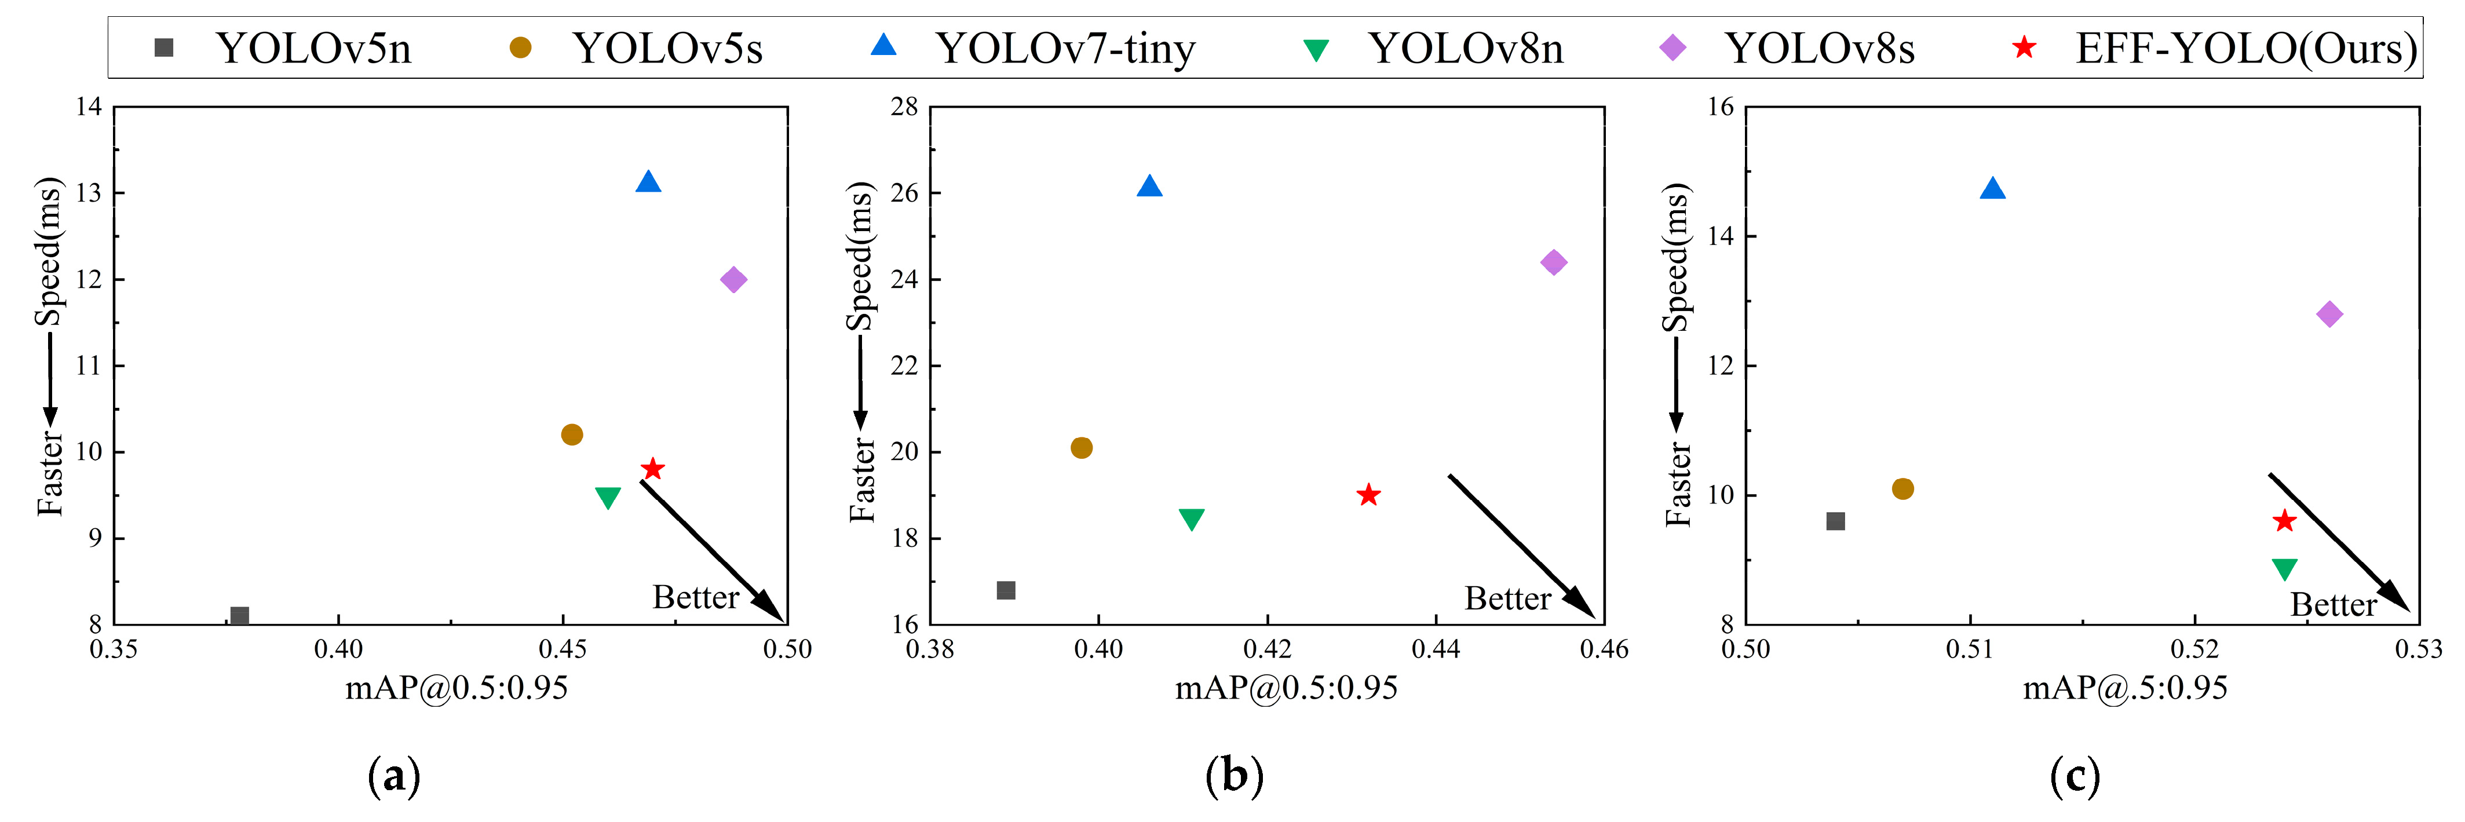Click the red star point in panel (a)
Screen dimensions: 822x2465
(x=653, y=469)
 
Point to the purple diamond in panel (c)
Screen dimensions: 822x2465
(x=2329, y=314)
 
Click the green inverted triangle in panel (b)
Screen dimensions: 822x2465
(x=1191, y=518)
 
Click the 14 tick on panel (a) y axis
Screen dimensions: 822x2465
(x=89, y=106)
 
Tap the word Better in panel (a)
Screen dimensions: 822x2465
(x=696, y=597)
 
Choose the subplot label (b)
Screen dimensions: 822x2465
(x=1235, y=775)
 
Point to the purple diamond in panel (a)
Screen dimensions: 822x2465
(x=733, y=279)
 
